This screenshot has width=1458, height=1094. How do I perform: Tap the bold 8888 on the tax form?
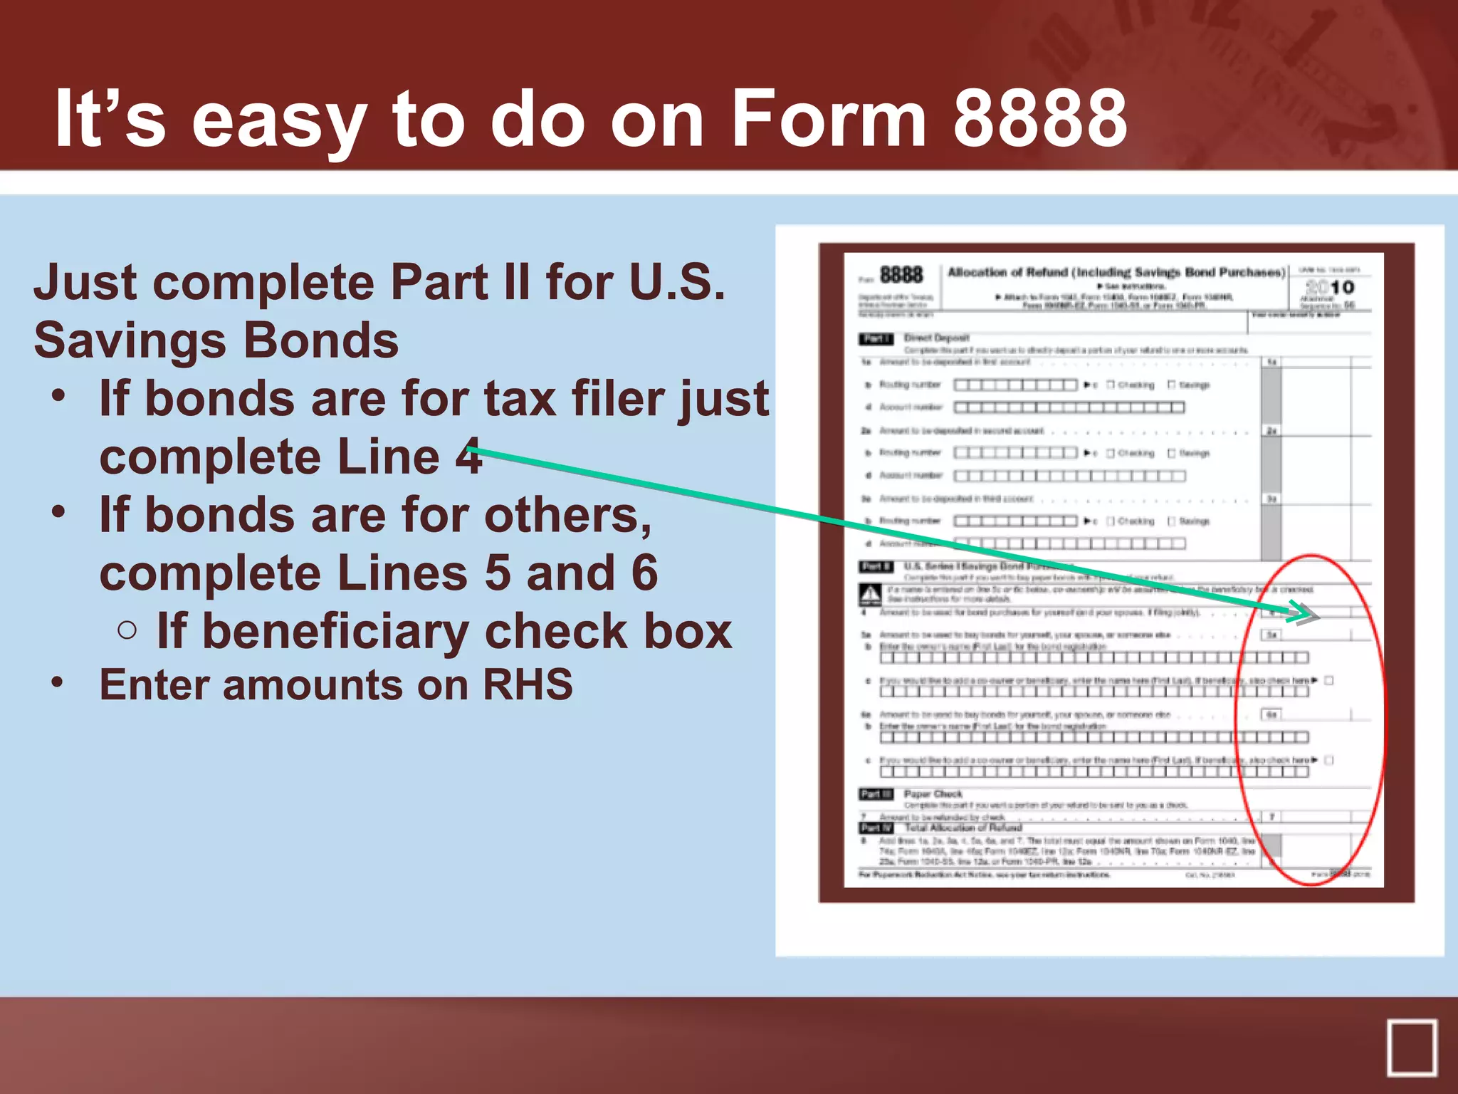[x=901, y=275]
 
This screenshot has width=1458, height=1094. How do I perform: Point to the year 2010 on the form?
[x=1330, y=287]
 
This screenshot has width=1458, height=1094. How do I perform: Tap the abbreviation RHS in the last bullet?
[x=528, y=685]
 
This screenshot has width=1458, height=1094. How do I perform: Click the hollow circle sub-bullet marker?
[x=127, y=630]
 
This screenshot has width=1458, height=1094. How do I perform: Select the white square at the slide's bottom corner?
[x=1411, y=1047]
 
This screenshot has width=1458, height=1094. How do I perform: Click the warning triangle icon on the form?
[x=870, y=594]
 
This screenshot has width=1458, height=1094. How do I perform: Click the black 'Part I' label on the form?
[x=876, y=338]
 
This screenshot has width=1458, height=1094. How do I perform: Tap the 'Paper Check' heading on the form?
[x=933, y=793]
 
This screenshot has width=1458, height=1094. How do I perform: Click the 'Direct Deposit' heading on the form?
[x=937, y=338]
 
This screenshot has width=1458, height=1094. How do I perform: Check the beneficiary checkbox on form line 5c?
[x=1329, y=680]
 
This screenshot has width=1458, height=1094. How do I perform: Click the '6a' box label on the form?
[x=1271, y=714]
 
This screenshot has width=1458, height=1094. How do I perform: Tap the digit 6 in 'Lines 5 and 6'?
[x=644, y=573]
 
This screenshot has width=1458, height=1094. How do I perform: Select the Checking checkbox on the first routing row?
[x=1111, y=385]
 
